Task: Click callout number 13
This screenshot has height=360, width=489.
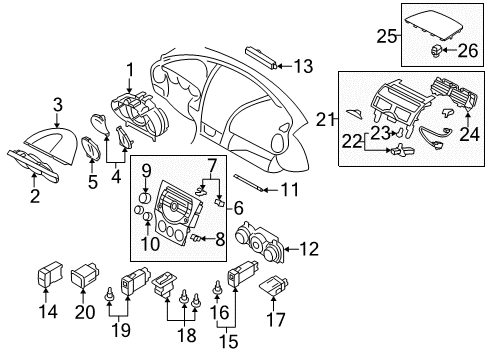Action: [x=303, y=66]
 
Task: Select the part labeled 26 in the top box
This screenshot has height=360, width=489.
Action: [x=437, y=50]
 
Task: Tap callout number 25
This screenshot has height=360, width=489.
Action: [x=386, y=36]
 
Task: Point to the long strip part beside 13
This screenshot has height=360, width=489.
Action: [x=261, y=57]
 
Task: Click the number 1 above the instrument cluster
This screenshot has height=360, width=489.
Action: [x=130, y=70]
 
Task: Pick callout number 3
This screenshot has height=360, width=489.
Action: [x=58, y=105]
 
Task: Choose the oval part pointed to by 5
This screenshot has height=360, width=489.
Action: [x=90, y=148]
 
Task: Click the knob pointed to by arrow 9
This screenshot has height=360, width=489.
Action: [x=146, y=198]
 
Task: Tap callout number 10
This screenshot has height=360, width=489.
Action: [x=151, y=244]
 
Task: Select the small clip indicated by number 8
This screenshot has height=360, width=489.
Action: [x=196, y=238]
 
